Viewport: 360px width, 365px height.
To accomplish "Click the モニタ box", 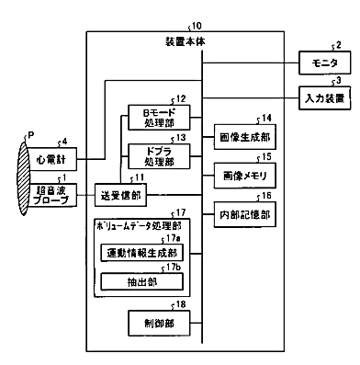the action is pos(324,63).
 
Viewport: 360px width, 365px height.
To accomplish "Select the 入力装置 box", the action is pos(324,98).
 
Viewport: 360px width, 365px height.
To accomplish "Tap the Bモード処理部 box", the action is pos(159,118).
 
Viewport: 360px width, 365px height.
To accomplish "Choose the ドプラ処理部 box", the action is pos(159,156).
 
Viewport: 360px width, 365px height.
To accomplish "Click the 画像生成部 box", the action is pos(245,137).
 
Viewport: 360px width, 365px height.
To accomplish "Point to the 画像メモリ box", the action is pos(245,176).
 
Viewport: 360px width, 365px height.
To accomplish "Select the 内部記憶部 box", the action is pos(245,214).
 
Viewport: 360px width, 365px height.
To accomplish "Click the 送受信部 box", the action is pos(120,195).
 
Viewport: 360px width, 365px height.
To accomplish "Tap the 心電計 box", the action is pos(51,159).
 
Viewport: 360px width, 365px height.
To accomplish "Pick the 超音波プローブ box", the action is pos(51,195).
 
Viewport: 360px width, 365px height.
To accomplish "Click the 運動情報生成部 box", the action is pos(142,253).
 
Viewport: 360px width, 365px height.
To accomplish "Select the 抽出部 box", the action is pos(142,281).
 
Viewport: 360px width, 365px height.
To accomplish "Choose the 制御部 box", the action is pos(159,324).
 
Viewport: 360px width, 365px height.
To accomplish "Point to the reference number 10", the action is pos(197,26).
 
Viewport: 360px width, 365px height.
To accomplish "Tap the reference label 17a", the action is pos(173,238).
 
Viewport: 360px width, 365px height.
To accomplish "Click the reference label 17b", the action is pos(174,267).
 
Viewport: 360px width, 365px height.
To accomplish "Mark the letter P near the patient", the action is pos(31,135).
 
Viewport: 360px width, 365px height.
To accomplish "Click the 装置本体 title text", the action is pos(186,41).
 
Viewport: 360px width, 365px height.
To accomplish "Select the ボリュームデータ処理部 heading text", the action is pos(139,226).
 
